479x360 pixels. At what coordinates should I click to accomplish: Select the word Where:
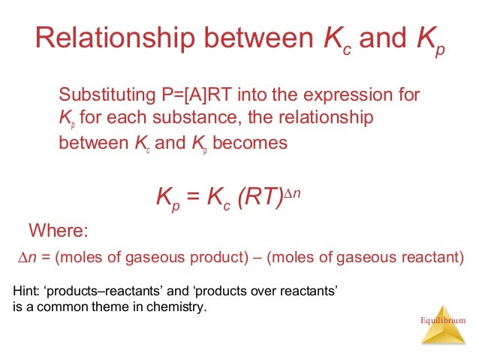(59, 229)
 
